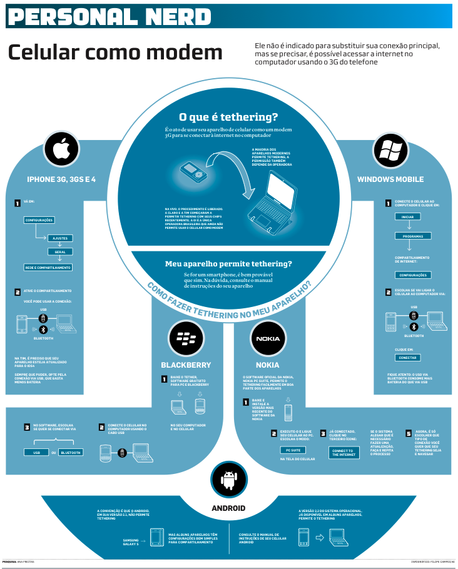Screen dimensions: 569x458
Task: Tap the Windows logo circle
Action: tap(390, 149)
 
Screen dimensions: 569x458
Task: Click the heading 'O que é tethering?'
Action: tap(228, 117)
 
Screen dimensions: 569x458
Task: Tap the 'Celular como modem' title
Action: tap(115, 53)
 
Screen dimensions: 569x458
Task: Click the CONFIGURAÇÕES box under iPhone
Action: tap(39, 220)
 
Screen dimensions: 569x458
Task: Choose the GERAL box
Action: tap(60, 252)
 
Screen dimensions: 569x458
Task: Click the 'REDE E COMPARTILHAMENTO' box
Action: tap(48, 268)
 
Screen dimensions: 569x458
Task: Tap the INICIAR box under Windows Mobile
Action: tap(407, 217)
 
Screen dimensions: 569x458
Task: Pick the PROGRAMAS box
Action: tap(413, 236)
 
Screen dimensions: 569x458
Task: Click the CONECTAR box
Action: tap(407, 358)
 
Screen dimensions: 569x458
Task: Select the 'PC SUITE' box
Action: tap(293, 450)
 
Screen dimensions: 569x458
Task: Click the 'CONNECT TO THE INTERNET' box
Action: tap(343, 452)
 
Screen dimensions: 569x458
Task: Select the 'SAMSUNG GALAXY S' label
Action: tap(131, 541)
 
